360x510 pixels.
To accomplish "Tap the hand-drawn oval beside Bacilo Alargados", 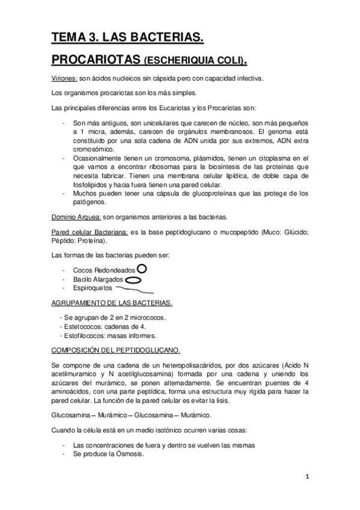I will (x=134, y=279).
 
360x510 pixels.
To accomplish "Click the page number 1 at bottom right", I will (x=307, y=476).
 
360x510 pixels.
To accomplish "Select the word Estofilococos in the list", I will (x=85, y=335).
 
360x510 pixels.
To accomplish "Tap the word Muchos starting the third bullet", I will (x=85, y=193).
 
